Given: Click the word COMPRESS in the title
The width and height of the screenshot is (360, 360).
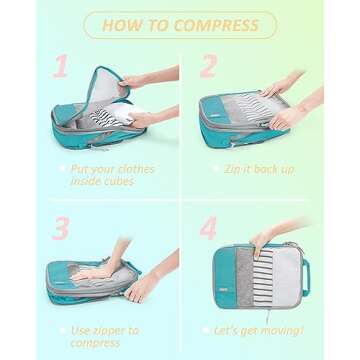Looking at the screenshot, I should point(219,25).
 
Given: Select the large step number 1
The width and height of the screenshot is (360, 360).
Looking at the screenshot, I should point(60,67).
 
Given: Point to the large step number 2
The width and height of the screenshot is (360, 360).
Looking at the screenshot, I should point(209,67).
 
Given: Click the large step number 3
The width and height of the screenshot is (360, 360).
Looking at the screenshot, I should point(60,227).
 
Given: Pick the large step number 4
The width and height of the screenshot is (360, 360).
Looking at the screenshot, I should point(209,227).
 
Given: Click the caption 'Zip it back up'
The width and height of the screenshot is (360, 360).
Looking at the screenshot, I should point(260,170).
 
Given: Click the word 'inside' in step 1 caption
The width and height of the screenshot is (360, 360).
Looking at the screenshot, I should point(97,183).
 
